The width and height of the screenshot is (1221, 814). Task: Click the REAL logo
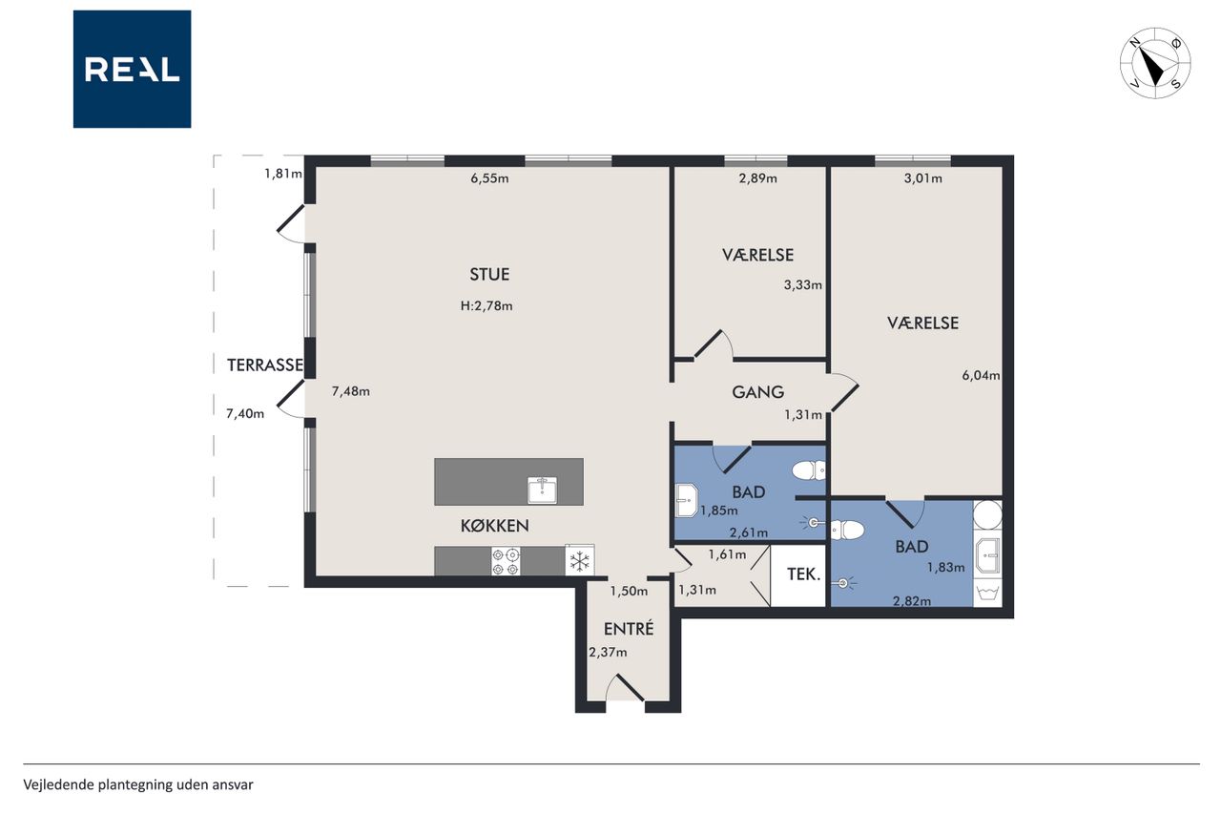point(132,70)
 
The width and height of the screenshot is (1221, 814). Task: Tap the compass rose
point(1155,63)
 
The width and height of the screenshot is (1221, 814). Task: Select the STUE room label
point(489,274)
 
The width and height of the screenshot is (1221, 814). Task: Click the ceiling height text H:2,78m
point(486,306)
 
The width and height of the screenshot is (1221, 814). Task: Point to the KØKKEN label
point(494,526)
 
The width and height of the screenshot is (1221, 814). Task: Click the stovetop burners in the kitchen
point(506,561)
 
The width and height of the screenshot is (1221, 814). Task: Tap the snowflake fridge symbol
point(579,560)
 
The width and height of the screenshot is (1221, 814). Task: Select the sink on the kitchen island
point(542,490)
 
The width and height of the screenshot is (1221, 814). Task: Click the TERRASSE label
point(265,365)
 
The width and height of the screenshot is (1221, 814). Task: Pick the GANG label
point(757,392)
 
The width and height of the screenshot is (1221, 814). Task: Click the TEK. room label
point(803,574)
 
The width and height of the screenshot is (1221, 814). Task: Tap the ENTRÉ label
point(629,628)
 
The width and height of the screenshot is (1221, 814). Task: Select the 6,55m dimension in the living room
point(489,178)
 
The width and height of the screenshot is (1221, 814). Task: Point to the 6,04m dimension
point(981,375)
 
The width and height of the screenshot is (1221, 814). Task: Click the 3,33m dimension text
point(803,284)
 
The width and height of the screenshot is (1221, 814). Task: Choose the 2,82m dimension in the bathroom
point(911,601)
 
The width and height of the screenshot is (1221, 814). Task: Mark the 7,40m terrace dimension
point(245,414)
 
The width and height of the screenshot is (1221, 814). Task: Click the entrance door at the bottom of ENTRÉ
point(625,689)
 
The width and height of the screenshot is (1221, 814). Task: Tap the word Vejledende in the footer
point(58,785)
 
